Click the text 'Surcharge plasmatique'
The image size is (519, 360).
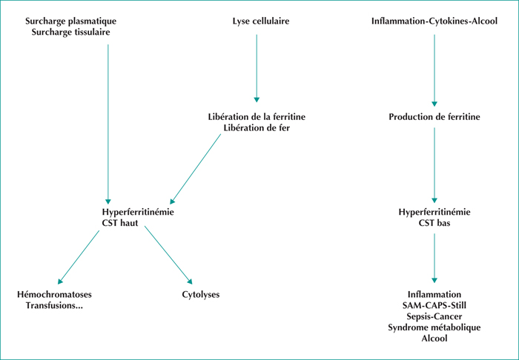point(71,21)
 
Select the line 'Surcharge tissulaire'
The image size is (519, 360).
point(71,33)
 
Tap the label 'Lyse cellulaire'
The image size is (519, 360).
point(261,21)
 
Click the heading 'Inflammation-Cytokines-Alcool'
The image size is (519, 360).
point(434,21)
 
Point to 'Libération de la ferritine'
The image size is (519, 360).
point(257,117)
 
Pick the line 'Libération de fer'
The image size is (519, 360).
point(257,128)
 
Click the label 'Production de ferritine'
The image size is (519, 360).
point(434,117)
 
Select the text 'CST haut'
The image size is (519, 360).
point(120,223)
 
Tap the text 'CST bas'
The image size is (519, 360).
point(434,223)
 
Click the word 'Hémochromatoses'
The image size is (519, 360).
point(54,294)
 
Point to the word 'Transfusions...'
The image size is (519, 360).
point(54,305)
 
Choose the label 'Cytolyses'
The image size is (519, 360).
point(201,294)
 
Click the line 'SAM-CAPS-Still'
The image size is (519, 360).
point(434,305)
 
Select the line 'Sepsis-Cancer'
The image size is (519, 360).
point(434,316)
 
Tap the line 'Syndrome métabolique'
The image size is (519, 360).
point(434,327)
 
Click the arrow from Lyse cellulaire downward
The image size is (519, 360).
point(257,68)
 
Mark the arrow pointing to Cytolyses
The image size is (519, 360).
point(168,255)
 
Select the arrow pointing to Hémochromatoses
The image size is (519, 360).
point(79,257)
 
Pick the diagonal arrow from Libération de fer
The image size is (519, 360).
point(195,169)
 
